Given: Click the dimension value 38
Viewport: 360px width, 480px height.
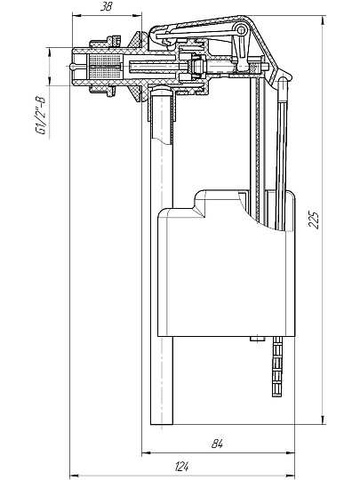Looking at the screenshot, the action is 107,7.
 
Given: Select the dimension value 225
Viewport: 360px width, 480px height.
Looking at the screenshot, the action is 314,219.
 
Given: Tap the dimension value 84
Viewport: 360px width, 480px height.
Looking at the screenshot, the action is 217,444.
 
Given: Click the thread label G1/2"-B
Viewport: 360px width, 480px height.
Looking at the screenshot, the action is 40,116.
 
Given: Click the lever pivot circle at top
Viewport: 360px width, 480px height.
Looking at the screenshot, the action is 242,30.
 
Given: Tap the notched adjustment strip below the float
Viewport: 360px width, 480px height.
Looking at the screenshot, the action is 277,366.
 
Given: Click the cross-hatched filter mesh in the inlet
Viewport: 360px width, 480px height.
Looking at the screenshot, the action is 104,67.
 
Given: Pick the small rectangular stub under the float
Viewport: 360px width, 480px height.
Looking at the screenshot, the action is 257,339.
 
